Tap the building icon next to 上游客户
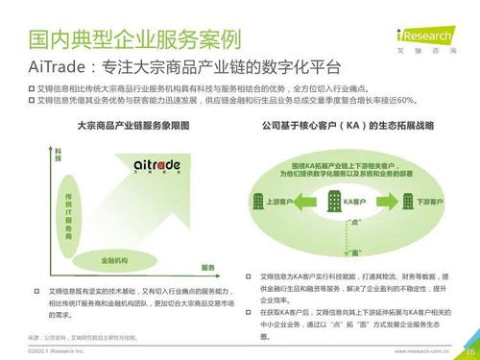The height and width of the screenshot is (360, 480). pyautogui.click(x=259, y=202)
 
